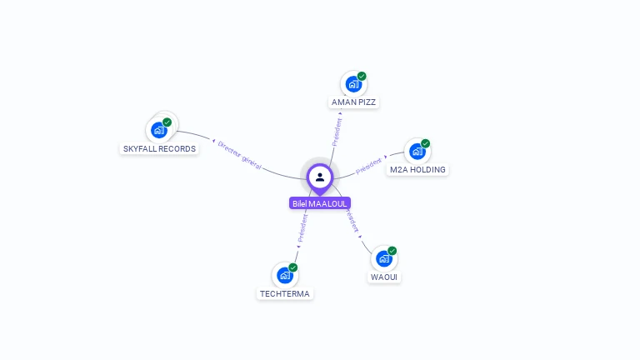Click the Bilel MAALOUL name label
pyautogui.click(x=320, y=203)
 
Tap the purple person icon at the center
pyautogui.click(x=320, y=177)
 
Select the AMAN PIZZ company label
pyautogui.click(x=353, y=102)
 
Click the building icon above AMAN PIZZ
pyautogui.click(x=353, y=84)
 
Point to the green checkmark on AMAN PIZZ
pyautogui.click(x=362, y=76)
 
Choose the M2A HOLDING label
pyautogui.click(x=417, y=170)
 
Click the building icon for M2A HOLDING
pyautogui.click(x=417, y=152)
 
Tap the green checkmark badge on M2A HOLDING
pyautogui.click(x=425, y=143)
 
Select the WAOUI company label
pyautogui.click(x=384, y=277)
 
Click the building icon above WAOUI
pyautogui.click(x=383, y=258)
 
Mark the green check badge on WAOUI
pyautogui.click(x=392, y=251)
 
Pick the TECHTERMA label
pyautogui.click(x=285, y=294)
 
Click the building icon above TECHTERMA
pyautogui.click(x=285, y=275)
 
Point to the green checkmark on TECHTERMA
pyautogui.click(x=293, y=267)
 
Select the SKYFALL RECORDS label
pyautogui.click(x=159, y=149)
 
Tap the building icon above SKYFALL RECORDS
pyautogui.click(x=158, y=130)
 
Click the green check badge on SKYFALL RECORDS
pyautogui.click(x=167, y=122)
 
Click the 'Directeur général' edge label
pyautogui.click(x=240, y=155)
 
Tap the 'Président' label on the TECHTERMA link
pyautogui.click(x=303, y=227)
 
